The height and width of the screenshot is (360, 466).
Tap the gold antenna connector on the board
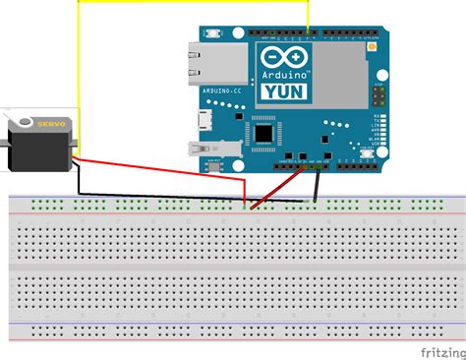[x=374, y=46]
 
